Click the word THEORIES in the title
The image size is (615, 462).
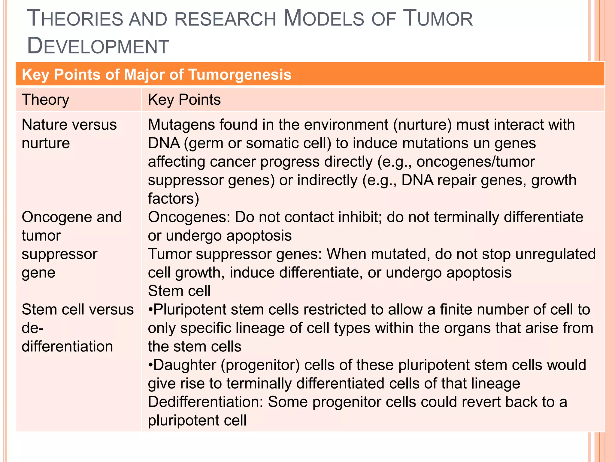pos(75,19)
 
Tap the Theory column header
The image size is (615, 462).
pos(45,100)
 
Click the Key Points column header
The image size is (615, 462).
pos(184,100)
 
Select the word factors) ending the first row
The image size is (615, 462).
pos(173,199)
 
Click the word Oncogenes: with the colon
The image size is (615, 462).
pos(189,217)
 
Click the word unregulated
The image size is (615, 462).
pos(556,254)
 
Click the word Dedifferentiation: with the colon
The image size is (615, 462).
pos(205,402)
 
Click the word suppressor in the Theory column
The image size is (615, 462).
pos(59,254)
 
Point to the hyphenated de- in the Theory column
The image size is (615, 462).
pos(32,328)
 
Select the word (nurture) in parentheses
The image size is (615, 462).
pos(422,125)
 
